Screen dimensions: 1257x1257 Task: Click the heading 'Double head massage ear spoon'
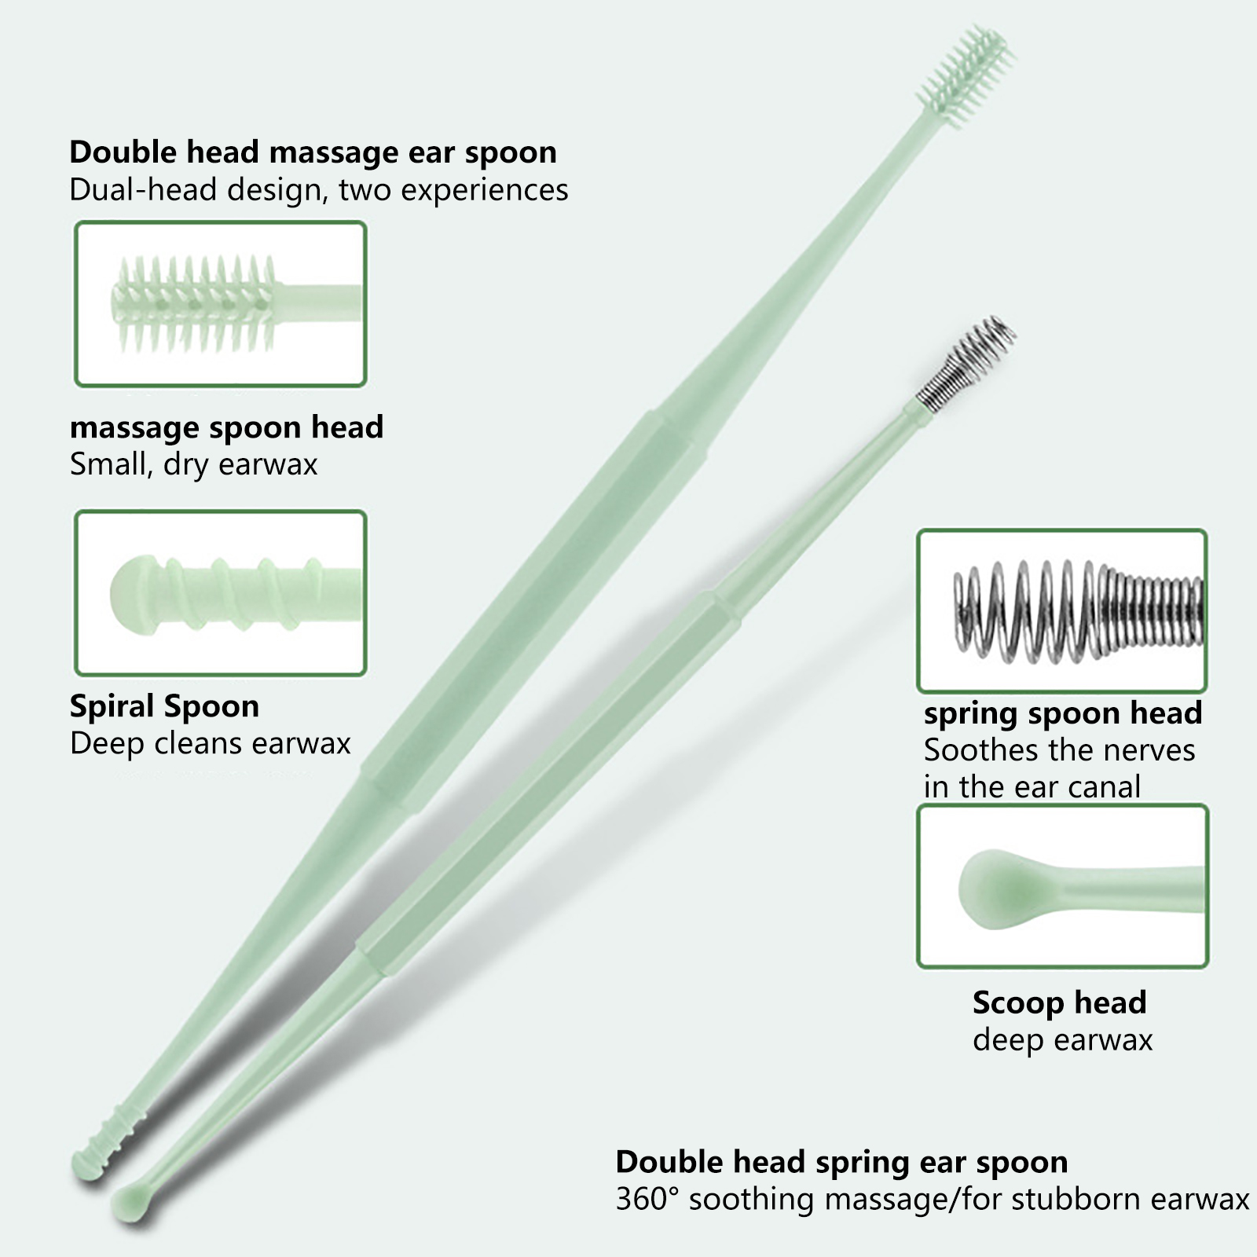(313, 152)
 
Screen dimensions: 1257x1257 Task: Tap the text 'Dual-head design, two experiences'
(318, 191)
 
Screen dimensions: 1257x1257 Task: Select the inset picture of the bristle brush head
(220, 304)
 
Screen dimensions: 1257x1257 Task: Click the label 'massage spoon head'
(226, 427)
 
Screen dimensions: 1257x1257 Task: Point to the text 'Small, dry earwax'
(193, 464)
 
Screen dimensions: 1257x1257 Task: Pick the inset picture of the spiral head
(220, 593)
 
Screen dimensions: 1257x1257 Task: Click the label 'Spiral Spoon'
(164, 706)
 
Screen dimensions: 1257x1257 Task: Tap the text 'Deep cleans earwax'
(210, 743)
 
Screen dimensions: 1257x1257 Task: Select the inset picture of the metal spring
(1061, 610)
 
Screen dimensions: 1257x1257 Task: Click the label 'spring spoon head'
(1062, 713)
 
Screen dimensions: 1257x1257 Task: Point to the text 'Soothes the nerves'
(1059, 750)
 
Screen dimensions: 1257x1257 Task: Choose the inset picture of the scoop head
(1062, 886)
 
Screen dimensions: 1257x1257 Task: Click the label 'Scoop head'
(1059, 1002)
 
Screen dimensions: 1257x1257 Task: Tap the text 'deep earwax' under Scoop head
(1062, 1040)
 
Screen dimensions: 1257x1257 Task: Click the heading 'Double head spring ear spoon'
(841, 1162)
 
